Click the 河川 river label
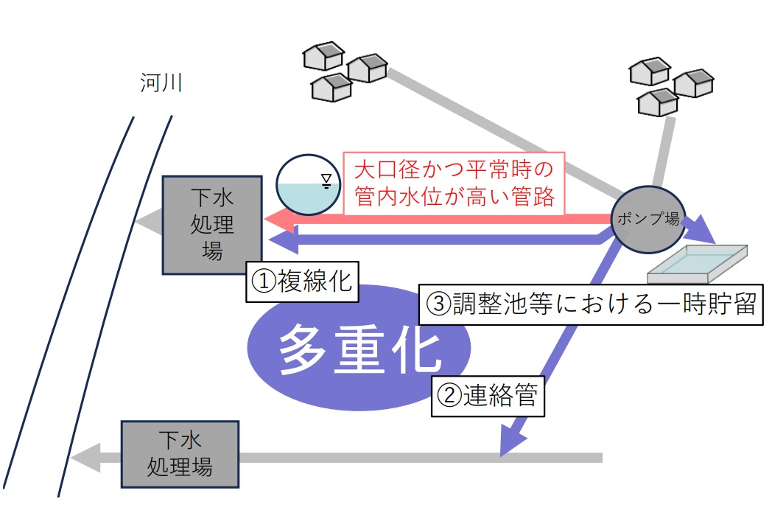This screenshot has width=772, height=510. click(161, 83)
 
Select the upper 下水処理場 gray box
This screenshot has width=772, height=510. click(211, 224)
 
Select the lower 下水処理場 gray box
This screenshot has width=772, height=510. click(180, 454)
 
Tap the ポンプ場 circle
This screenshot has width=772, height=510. click(648, 219)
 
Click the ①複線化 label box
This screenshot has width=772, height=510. click(302, 282)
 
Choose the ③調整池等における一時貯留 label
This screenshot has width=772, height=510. click(590, 304)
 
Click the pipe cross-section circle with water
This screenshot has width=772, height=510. click(308, 185)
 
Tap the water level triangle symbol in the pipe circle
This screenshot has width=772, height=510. click(326, 179)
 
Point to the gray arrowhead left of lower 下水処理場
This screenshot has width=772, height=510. click(83, 458)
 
